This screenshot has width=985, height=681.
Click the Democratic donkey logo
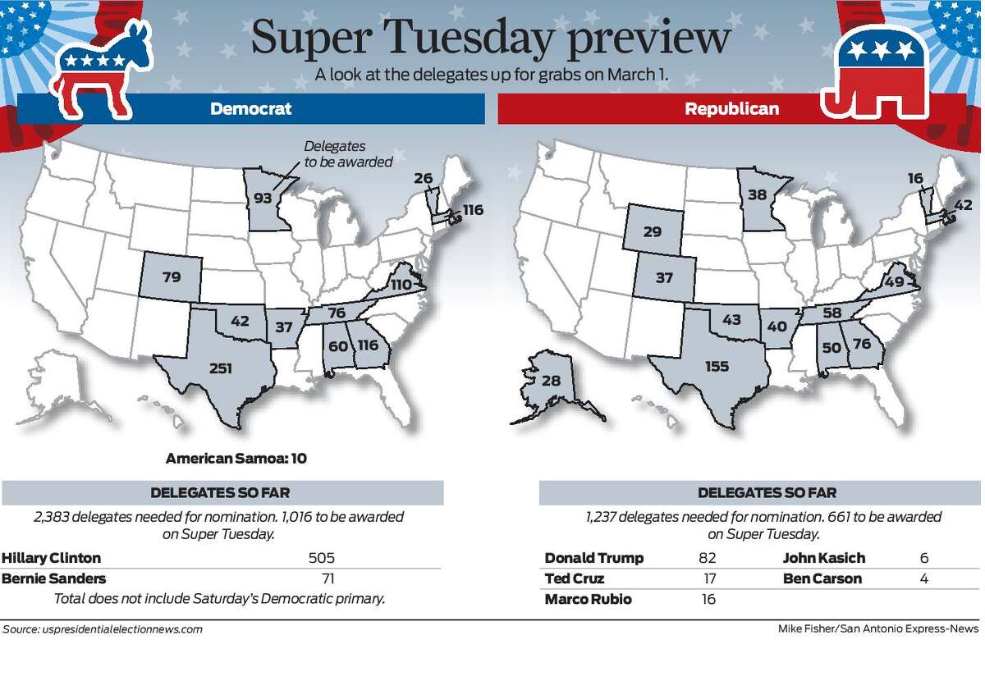[x=99, y=71]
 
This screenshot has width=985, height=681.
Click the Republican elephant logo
[x=876, y=75]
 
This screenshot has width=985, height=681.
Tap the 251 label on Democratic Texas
[x=221, y=368]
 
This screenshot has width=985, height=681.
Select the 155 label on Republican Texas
[x=717, y=366]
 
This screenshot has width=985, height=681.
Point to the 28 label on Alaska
[x=551, y=380]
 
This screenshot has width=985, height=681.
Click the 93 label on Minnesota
[x=263, y=199]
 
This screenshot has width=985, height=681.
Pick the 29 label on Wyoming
[x=653, y=231]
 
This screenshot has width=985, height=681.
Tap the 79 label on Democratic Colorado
[x=172, y=277]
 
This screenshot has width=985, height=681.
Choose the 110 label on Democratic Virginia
[x=401, y=285]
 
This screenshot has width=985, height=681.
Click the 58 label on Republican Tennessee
[x=832, y=313]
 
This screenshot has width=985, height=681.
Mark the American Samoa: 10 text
[x=236, y=459]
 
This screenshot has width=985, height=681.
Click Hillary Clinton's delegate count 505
[x=322, y=558]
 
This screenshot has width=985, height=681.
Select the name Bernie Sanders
[x=53, y=578]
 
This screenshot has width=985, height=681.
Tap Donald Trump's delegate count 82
[x=707, y=558]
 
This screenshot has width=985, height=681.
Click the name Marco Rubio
[x=589, y=599]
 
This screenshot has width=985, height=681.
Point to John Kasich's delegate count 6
[x=924, y=558]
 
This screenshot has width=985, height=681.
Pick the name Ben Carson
[x=822, y=578]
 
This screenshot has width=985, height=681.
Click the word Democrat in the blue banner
[x=250, y=108]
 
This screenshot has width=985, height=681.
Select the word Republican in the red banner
[x=731, y=109]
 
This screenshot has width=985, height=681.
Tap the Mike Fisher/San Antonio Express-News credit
[x=878, y=628]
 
